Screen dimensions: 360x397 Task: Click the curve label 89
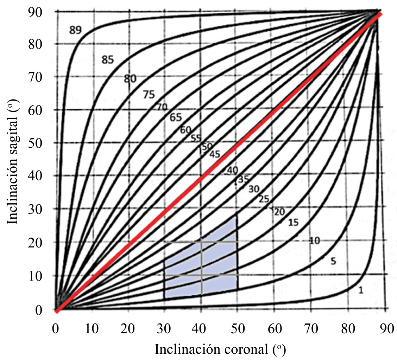(75, 30)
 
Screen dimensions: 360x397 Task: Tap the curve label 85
(108, 60)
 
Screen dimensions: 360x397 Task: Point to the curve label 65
(175, 117)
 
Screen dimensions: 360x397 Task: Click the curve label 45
(215, 154)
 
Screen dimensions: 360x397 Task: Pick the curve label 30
(254, 189)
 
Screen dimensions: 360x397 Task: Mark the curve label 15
(293, 222)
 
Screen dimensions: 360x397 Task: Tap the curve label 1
(360, 290)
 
